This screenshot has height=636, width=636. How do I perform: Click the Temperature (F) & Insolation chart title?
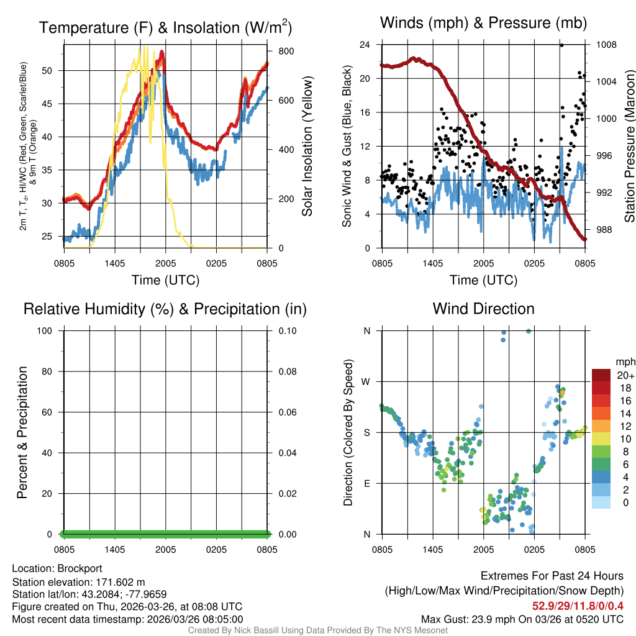click(x=165, y=28)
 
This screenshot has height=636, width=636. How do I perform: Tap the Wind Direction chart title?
click(x=483, y=309)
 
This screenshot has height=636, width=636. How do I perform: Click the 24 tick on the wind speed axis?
click(x=365, y=45)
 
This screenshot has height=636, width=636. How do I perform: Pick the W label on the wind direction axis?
click(x=366, y=381)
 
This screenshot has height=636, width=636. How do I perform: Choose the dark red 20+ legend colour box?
click(x=601, y=375)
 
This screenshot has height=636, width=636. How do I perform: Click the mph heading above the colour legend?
click(x=624, y=361)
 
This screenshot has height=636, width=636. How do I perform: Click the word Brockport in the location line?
click(x=79, y=568)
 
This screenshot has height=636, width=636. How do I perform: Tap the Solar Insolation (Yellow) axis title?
click(x=307, y=147)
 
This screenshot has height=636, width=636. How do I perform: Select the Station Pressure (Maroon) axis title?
click(x=629, y=147)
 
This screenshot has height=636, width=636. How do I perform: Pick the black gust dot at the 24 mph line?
click(x=561, y=45)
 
